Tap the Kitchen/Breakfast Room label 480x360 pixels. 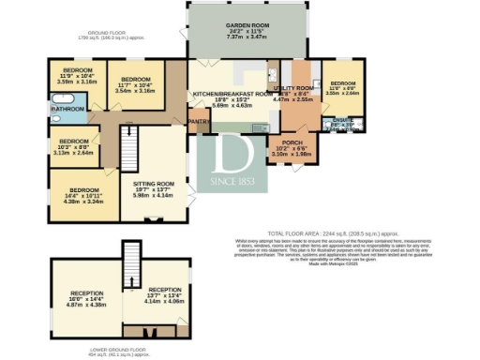coord(232,95)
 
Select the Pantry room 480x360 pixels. coord(198,121)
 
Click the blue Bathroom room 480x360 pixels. coord(67,110)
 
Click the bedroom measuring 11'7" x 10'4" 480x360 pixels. coord(135,80)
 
